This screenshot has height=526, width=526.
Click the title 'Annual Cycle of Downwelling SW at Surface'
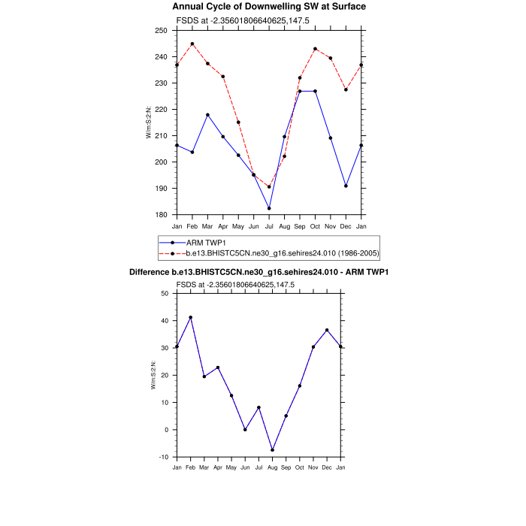[x=269, y=6]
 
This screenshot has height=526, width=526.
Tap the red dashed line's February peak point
[x=192, y=44]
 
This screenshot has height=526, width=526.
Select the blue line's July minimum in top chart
[x=269, y=208]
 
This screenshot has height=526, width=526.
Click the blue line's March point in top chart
[x=207, y=115]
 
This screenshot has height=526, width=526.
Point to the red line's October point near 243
[x=315, y=49]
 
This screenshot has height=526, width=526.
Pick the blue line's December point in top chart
[x=346, y=186]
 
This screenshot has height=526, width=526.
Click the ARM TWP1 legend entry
[x=201, y=243]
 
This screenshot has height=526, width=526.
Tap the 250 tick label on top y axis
[x=161, y=31]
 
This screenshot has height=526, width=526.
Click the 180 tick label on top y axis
[x=161, y=215]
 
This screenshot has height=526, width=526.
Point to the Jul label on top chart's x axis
[x=269, y=225]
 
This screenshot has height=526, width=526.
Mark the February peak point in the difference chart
[x=191, y=317]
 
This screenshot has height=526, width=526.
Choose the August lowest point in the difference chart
[x=273, y=450]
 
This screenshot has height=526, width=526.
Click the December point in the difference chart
[x=327, y=330]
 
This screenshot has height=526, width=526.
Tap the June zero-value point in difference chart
[x=245, y=430]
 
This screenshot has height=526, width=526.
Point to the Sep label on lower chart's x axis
[x=286, y=468]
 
